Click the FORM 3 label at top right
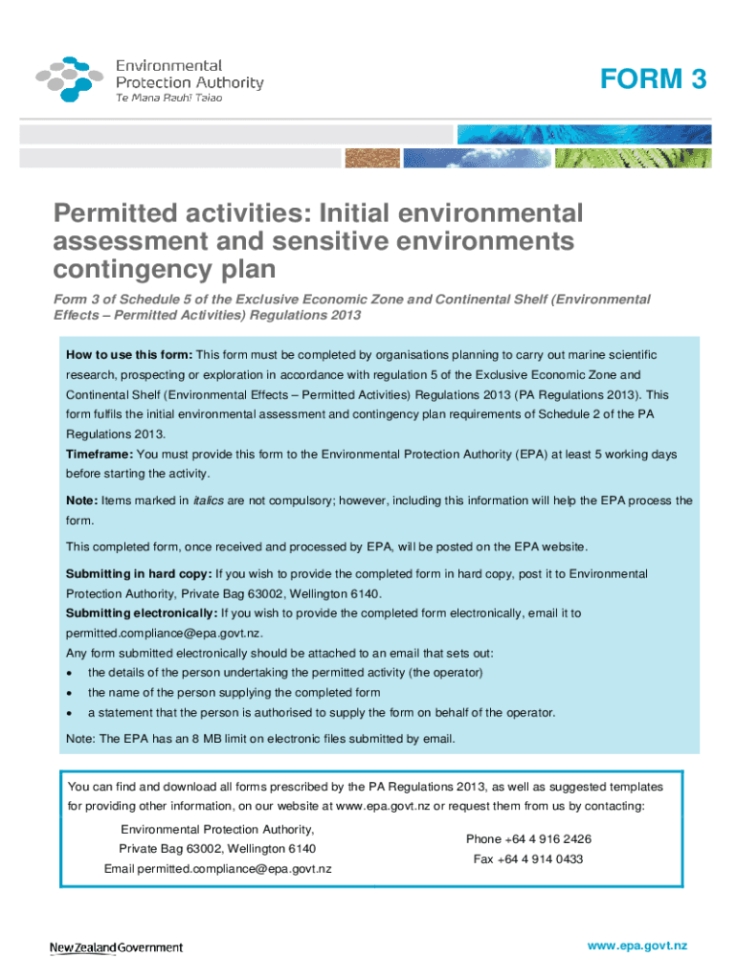pos(653,80)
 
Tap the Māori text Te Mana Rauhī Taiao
pos(169,100)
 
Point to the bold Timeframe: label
pos(100,454)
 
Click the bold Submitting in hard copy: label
pos(138,573)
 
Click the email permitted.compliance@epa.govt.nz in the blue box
pos(163,634)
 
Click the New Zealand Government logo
pos(116,947)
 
